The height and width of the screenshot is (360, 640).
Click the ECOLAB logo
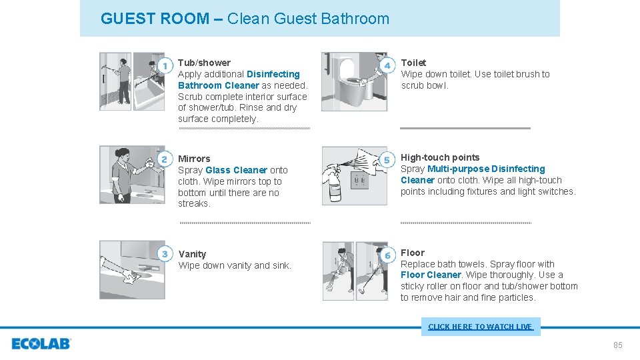41,344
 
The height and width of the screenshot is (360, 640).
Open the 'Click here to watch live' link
480,327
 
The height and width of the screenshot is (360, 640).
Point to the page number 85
617,345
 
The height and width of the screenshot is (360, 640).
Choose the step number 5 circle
387,160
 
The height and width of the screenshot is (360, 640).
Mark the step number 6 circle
387,255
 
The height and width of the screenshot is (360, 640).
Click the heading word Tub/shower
204,63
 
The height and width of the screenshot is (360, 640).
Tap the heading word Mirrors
194,159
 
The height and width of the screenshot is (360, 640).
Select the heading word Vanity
192,254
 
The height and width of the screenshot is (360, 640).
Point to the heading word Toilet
413,63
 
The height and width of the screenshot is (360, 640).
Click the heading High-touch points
440,157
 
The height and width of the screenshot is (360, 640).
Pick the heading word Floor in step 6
412,253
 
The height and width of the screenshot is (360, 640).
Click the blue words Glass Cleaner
236,170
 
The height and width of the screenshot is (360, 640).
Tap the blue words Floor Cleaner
431,275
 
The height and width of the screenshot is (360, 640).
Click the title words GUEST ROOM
155,19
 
